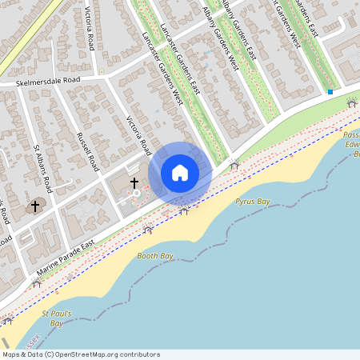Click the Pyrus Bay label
[x=252, y=202]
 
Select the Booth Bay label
[x=155, y=256]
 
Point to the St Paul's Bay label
[x=57, y=318]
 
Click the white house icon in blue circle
[x=180, y=173]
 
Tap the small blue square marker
[x=330, y=92]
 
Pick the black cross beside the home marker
[x=134, y=183]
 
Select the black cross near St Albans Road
[x=34, y=206]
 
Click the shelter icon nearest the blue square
[x=351, y=104]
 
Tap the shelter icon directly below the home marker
[x=184, y=211]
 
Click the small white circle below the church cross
[x=136, y=194]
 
